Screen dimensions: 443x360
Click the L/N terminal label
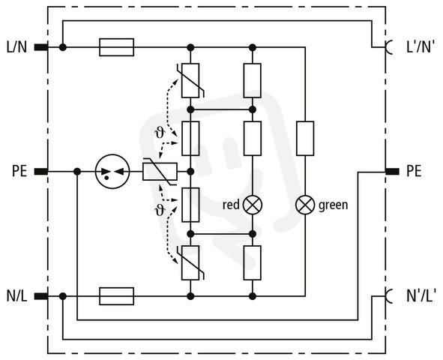point(16,47)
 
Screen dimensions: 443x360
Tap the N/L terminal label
point(16,296)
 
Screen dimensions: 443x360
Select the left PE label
point(19,171)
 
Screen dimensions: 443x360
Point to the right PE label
point(414,171)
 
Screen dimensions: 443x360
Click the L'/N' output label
point(420,47)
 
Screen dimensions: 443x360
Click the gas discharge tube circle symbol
point(112,171)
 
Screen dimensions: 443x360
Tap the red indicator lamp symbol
point(253,205)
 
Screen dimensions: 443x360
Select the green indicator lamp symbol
point(305,205)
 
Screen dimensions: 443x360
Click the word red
point(231,205)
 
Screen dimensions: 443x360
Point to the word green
point(333,205)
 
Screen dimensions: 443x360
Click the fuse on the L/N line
point(116,47)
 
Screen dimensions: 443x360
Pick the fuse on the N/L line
point(116,296)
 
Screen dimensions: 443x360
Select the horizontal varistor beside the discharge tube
point(160,171)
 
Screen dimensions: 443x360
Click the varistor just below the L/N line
point(190,80)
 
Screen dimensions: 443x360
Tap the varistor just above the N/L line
point(190,262)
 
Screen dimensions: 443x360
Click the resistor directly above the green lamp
point(305,139)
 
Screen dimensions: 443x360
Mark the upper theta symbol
point(160,133)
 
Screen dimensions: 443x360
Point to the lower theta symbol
point(160,210)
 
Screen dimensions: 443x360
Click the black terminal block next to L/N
point(41,47)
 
